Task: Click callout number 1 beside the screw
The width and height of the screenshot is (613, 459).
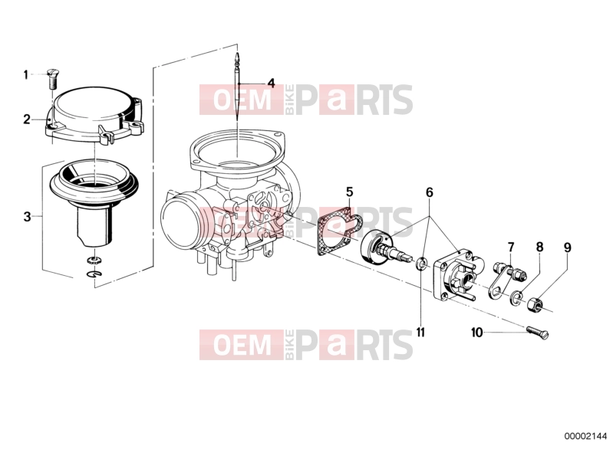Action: pos(26,74)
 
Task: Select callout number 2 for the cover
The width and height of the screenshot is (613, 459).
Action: pos(27,119)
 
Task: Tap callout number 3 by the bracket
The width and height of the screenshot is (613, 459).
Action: pos(27,216)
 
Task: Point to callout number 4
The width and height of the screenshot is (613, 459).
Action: pos(271,83)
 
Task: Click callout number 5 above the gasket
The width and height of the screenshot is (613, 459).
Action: pos(350,192)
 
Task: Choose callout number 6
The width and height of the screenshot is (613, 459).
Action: pos(430,192)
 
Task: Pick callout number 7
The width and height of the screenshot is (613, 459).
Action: pos(511,248)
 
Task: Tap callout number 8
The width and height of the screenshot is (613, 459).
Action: pos(539,247)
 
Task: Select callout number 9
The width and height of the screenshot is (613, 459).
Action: pos(567,248)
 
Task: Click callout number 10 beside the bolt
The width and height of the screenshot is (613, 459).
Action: pos(477,333)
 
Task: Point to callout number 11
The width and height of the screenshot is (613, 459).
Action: pos(420,332)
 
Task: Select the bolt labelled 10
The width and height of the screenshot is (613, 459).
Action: pos(538,332)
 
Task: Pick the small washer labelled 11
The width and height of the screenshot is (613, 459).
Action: pos(421,263)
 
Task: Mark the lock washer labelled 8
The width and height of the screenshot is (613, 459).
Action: pos(516,297)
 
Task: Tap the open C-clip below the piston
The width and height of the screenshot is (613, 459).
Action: pos(94,275)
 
